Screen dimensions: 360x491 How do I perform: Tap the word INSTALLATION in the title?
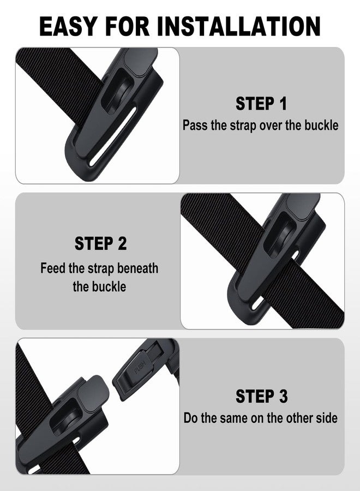click(x=239, y=26)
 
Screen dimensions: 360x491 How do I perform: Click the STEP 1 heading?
click(x=261, y=104)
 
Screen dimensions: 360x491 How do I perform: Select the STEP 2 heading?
click(x=100, y=243)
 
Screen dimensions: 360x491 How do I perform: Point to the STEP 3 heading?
click(x=261, y=396)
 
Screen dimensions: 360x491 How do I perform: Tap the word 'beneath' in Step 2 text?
click(x=138, y=268)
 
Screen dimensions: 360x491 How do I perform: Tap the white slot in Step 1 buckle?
click(x=113, y=137)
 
